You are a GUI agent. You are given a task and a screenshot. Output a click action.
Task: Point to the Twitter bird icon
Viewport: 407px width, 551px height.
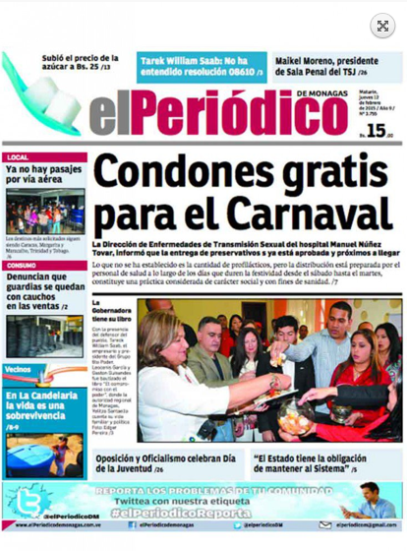[27, 503]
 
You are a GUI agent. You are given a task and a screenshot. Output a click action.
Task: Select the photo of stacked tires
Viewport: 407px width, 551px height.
[43, 336]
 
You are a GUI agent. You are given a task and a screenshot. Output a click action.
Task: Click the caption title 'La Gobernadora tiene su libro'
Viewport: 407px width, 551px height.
[111, 312]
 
